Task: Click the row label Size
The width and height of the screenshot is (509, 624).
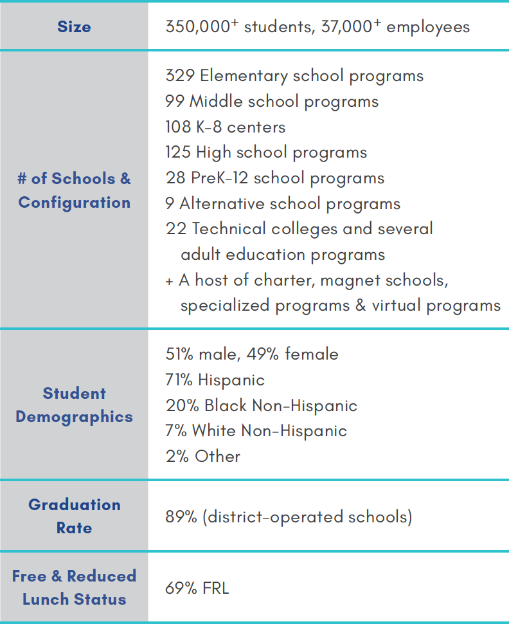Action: pyautogui.click(x=74, y=26)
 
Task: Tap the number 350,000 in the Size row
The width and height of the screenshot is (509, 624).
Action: pyautogui.click(x=198, y=26)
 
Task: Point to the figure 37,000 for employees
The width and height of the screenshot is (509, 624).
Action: pyautogui.click(x=346, y=26)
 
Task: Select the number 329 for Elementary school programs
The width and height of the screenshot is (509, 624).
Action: pyautogui.click(x=180, y=76)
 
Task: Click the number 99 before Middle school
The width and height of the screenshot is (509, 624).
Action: pyautogui.click(x=175, y=101)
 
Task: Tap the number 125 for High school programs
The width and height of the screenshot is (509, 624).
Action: pyautogui.click(x=178, y=152)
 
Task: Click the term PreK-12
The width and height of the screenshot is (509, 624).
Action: pyautogui.click(x=220, y=178)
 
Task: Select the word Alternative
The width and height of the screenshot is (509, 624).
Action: pyautogui.click(x=222, y=203)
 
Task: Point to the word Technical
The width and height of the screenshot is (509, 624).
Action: pyautogui.click(x=229, y=229)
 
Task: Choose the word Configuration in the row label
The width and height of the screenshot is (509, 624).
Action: pyautogui.click(x=75, y=203)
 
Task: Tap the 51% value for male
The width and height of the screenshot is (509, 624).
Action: pyautogui.click(x=179, y=354)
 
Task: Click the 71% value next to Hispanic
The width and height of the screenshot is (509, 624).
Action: pyautogui.click(x=179, y=380)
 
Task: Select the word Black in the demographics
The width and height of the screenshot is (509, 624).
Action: pyautogui.click(x=226, y=405)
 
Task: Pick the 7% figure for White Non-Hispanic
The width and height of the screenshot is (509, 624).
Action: pyautogui.click(x=176, y=430)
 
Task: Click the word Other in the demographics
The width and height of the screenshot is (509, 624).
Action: pyautogui.click(x=217, y=456)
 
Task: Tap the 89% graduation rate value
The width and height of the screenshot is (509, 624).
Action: pyautogui.click(x=181, y=517)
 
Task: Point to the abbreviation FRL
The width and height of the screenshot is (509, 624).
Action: pyautogui.click(x=215, y=588)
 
